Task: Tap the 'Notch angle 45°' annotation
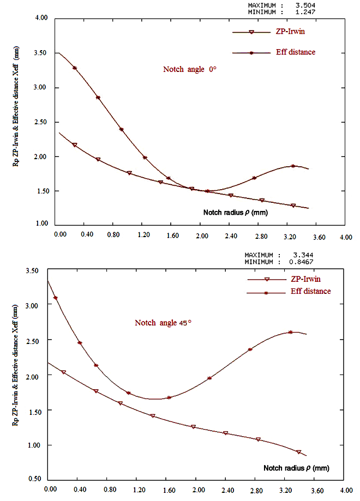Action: coord(162,323)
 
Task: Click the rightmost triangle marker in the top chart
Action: coord(293,206)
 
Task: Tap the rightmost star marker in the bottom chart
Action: coord(290,332)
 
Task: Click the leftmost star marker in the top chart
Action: coord(75,68)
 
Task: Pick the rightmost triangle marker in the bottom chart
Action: coord(299,452)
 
